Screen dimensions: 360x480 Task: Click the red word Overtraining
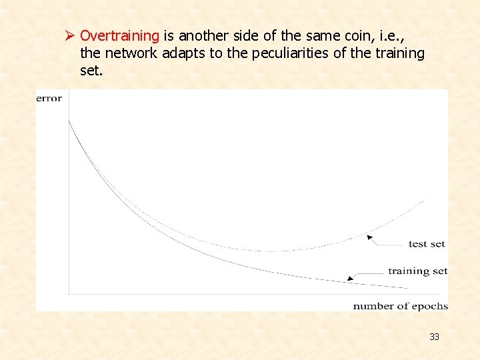coord(119,35)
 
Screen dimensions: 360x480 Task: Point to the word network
coord(130,53)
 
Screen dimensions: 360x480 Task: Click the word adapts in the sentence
coord(183,53)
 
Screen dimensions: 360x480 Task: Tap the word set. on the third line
coord(91,70)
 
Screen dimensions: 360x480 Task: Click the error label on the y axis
coord(49,99)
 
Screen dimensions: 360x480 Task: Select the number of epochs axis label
coord(400,306)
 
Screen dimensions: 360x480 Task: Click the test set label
coord(427,244)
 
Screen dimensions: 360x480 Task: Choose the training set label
coord(417,271)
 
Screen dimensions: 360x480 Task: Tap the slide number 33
coord(434,337)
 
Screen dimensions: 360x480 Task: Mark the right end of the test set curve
coord(424,199)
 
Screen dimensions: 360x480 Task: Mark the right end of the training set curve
coord(407,288)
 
